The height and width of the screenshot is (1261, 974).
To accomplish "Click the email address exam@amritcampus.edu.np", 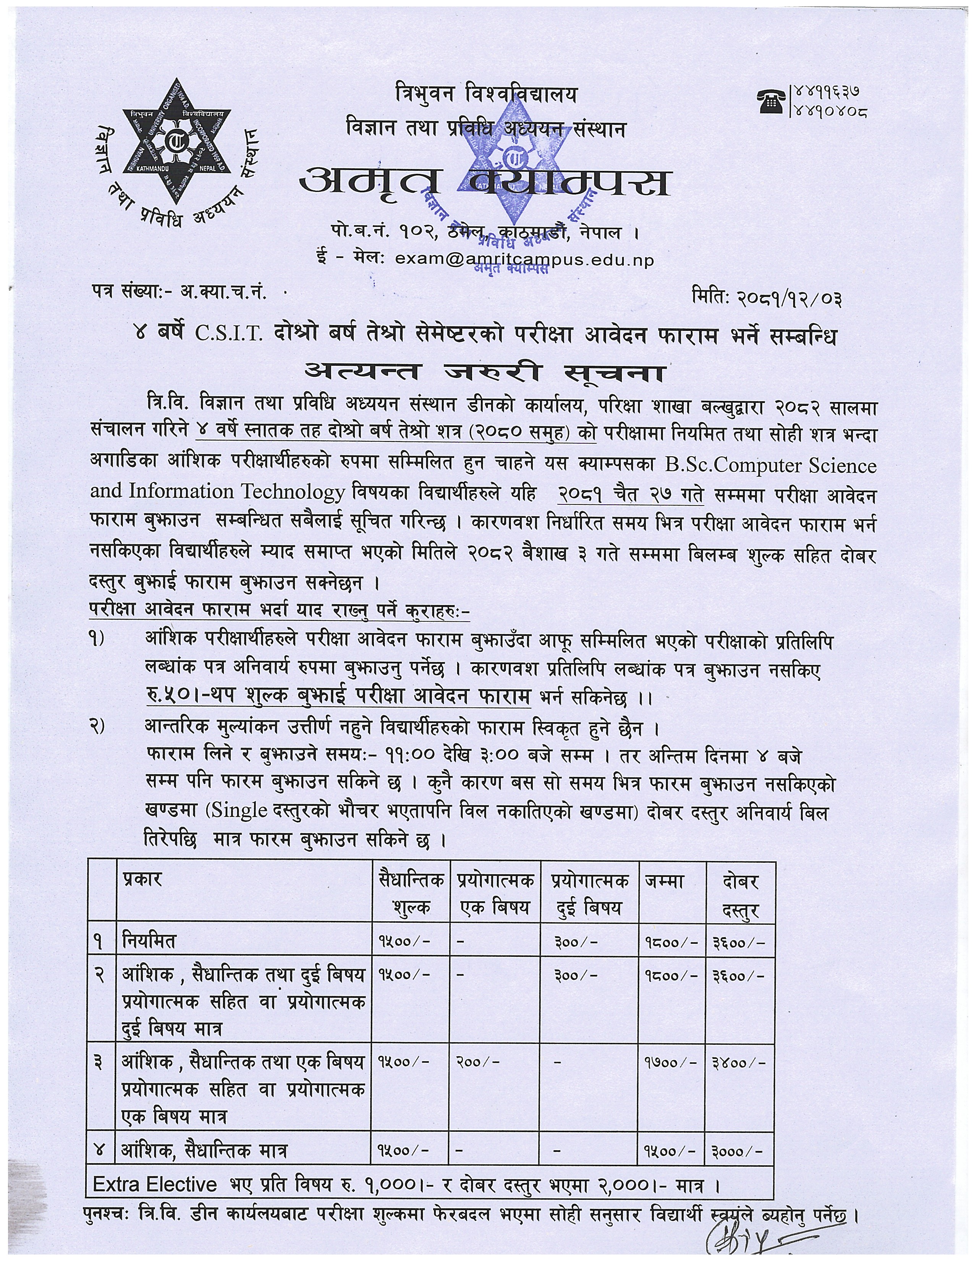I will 524,260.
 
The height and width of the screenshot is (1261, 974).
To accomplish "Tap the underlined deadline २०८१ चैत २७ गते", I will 631,495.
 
